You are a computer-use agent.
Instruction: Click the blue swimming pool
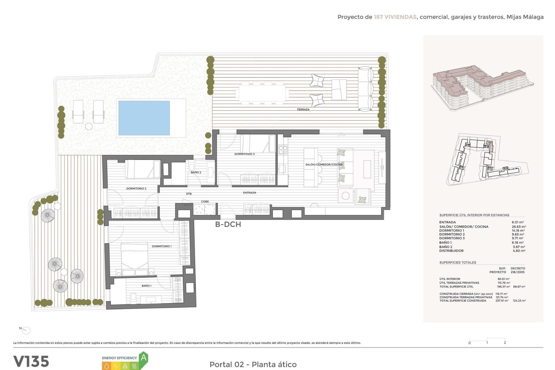coord(144,118)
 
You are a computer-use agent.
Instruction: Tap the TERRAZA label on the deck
coord(303,110)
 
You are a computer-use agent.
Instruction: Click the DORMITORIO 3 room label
coord(244,154)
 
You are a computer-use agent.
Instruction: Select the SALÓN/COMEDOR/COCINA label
coord(324,164)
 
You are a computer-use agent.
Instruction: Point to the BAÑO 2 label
coord(196,172)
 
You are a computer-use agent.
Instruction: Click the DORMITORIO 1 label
coord(162,246)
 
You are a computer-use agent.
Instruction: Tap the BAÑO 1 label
coord(146,286)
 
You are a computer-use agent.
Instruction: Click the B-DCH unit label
coord(228,224)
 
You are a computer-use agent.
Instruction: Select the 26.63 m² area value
coord(519,227)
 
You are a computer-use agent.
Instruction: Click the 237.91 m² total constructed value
coord(502,301)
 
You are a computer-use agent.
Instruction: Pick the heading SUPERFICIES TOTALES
coord(458,262)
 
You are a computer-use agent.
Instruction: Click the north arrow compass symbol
coord(26,330)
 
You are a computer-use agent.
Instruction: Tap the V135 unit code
coord(31,361)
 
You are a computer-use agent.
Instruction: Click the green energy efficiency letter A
coord(144,358)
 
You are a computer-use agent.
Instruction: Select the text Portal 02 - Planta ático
coord(253,365)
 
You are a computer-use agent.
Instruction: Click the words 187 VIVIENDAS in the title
coord(395,17)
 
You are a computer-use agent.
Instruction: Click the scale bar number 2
coord(505,343)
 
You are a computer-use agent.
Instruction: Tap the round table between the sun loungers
coord(89,126)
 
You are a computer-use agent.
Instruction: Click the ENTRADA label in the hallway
coord(249,193)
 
